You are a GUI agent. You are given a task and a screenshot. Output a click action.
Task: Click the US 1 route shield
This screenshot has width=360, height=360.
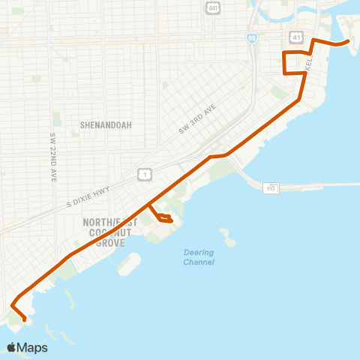coord(144,175)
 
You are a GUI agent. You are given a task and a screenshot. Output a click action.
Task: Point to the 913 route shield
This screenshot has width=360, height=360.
coord(271,187)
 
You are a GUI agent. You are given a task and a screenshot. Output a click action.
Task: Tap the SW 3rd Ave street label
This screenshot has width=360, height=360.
coord(197,118)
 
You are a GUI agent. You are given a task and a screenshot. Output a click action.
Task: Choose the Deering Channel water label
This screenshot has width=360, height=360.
coord(199,257)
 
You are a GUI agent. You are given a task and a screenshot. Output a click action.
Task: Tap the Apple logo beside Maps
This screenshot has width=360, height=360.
coord(11,347)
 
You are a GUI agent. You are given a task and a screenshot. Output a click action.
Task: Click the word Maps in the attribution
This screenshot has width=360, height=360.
coord(32,347)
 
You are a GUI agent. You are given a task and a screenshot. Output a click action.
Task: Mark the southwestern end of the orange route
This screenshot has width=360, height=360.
coord(25,320)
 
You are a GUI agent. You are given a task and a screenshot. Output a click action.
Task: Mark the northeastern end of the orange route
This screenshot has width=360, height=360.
coord(349,43)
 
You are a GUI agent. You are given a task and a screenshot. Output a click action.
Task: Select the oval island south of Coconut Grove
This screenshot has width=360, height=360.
coord(129,264)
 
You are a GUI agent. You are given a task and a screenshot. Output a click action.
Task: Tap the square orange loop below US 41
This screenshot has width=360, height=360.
coord(294,63)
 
